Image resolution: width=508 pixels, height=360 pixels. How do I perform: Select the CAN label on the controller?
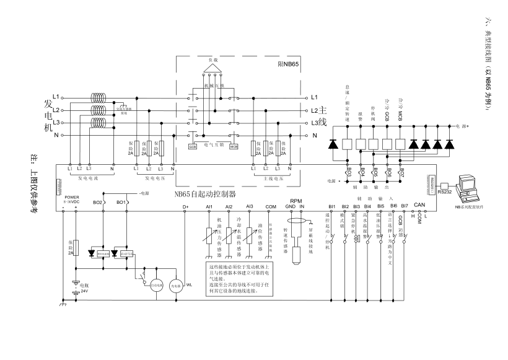click(419, 204)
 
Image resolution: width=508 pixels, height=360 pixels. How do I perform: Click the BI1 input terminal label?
click(331, 206)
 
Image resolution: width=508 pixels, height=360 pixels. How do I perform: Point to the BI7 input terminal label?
click(405, 206)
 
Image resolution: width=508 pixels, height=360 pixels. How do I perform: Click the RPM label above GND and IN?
click(296, 201)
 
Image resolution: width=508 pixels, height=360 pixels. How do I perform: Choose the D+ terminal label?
click(185, 206)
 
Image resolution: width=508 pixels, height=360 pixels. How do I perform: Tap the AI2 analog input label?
click(229, 206)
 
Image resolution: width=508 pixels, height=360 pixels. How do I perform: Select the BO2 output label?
click(97, 203)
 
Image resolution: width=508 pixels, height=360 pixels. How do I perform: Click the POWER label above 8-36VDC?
click(72, 198)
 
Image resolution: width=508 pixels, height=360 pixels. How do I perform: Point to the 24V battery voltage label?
click(84, 290)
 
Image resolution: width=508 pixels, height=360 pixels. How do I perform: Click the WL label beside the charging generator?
click(190, 286)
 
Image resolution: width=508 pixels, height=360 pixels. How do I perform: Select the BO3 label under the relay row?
click(348, 172)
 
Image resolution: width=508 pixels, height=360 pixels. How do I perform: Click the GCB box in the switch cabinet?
click(193, 147)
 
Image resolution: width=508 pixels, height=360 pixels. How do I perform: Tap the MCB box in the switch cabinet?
click(234, 147)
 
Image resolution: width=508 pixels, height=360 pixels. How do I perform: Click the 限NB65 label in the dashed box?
click(288, 64)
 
